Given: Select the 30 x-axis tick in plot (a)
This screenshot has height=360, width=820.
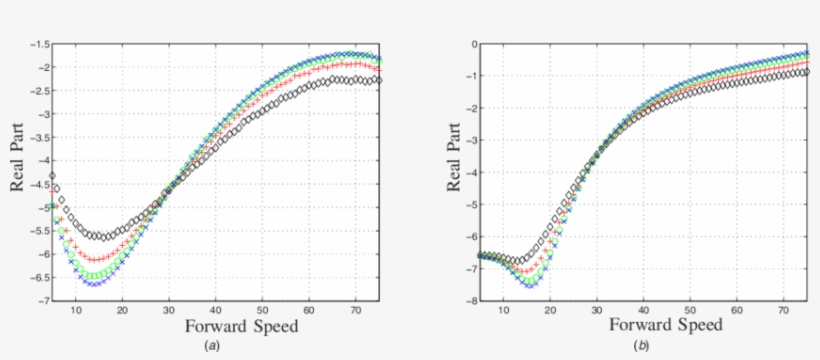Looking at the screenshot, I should coord(168,311).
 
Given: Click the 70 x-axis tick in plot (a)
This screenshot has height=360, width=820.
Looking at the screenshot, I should coord(356,311).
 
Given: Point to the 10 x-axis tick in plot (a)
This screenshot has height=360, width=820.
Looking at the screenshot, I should coord(75,311).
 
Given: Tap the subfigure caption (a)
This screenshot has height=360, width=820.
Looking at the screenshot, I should coord(212,345).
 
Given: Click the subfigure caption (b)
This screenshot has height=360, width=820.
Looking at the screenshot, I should coord(640,345).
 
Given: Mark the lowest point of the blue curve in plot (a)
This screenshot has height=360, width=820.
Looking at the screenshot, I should coord(94,284).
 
